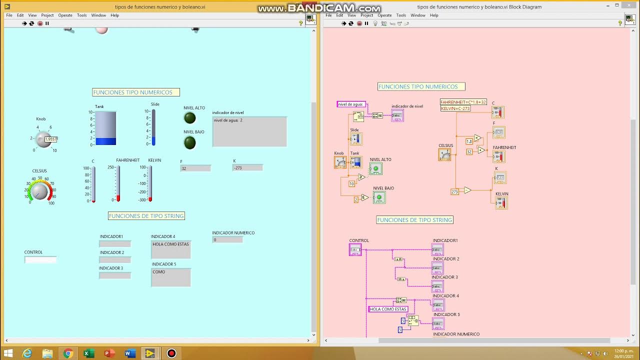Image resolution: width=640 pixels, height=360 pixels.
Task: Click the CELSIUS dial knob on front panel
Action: pos(39,191)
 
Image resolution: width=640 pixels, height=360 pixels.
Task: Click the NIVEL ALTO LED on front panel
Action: pos(190,118)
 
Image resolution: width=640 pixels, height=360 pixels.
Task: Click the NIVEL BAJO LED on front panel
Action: pos(190,143)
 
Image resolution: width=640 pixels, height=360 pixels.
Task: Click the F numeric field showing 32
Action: pos(195,168)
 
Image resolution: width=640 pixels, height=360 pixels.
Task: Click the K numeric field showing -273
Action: pos(247,167)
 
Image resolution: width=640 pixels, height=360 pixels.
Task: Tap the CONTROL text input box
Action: pos(40,260)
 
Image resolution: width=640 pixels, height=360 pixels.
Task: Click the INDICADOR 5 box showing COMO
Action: pos(171,277)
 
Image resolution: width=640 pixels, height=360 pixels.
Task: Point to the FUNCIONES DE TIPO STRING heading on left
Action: pos(146,216)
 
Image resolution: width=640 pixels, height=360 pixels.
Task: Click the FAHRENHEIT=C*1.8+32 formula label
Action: pos(463,102)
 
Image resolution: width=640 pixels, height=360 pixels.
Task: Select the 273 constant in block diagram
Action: pos(454,191)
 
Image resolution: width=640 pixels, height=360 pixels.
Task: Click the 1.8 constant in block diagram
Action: pos(469,141)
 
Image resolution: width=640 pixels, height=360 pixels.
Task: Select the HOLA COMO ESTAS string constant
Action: pos(388,309)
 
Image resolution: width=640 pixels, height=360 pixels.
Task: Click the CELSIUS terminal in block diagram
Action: pos(444,154)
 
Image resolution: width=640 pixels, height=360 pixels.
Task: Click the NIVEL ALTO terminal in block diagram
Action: pos(376,169)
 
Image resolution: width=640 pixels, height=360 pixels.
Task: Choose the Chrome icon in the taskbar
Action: pos(68,353)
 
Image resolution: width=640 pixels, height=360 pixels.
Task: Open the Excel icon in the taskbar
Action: pos(88,353)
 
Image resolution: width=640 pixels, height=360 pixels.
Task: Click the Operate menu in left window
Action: pos(65,15)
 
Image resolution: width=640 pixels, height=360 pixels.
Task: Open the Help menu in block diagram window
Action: pos(434,15)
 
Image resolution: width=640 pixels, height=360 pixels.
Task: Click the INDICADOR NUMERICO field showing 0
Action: pos(227,240)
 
